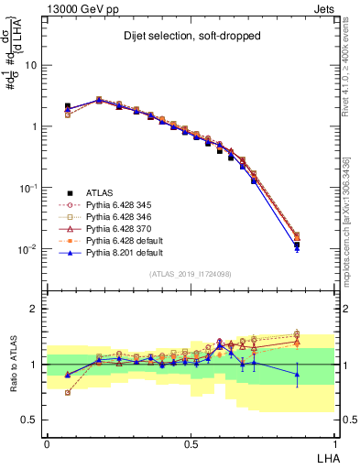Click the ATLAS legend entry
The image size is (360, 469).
(98, 193)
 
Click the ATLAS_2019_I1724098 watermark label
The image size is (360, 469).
(191, 273)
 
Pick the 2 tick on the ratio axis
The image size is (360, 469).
(35, 309)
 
